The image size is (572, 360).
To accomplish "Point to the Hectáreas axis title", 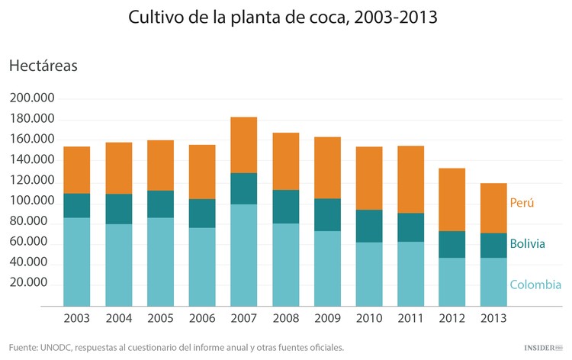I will (x=43, y=66).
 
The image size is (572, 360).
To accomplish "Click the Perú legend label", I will (x=522, y=203).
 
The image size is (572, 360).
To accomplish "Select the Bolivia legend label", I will (x=528, y=244).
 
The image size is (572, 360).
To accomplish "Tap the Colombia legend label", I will (x=535, y=285).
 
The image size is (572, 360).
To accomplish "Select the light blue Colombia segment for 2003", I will (x=77, y=262).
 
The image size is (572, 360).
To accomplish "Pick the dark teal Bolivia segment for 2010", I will (x=369, y=226).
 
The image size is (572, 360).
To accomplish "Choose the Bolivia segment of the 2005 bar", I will (x=161, y=204).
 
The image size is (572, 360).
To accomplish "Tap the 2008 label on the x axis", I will (x=286, y=318).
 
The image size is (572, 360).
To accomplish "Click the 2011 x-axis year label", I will (x=411, y=318).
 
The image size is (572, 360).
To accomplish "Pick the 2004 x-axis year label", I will (x=119, y=318).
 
